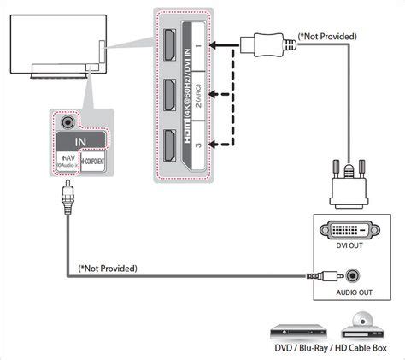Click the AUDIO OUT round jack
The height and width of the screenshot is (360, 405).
pyautogui.click(x=349, y=277)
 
